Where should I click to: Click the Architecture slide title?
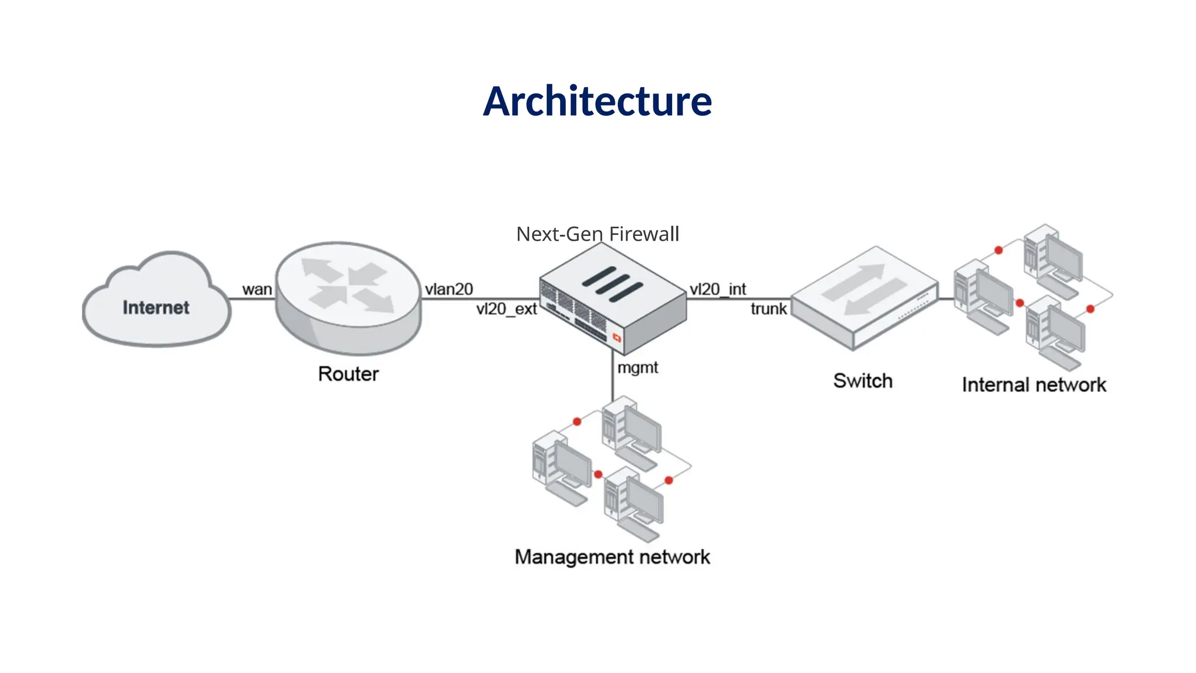597,102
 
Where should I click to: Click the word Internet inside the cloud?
156,308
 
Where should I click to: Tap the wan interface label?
257,289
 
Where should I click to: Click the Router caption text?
348,374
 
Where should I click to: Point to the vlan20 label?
448,289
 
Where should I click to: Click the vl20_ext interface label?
506,309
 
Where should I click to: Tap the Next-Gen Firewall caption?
597,234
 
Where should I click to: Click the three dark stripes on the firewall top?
612,284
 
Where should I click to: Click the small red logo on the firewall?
617,338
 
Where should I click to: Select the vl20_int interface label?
718,289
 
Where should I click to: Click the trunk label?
769,309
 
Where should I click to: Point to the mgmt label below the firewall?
638,367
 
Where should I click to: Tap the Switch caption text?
863,381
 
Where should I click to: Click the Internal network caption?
1034,385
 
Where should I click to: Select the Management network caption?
612,557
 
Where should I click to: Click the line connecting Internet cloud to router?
251,299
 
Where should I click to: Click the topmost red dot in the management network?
577,421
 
